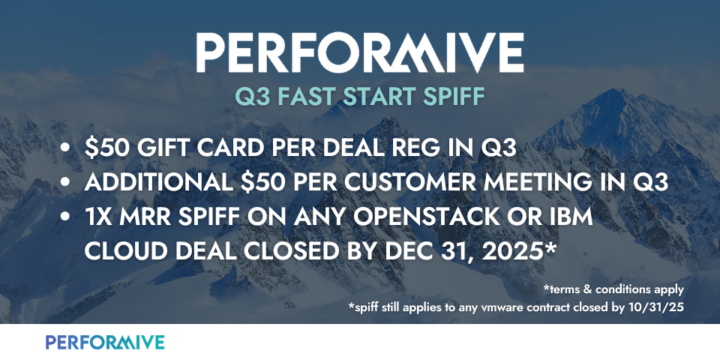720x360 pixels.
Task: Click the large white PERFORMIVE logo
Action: [x=360, y=52]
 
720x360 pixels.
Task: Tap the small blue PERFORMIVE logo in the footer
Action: [x=105, y=342]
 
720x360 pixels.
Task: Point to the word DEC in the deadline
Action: [x=406, y=252]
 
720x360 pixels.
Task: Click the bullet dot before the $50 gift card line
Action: [x=66, y=148]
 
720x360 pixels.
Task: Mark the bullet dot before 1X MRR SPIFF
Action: [x=66, y=217]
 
